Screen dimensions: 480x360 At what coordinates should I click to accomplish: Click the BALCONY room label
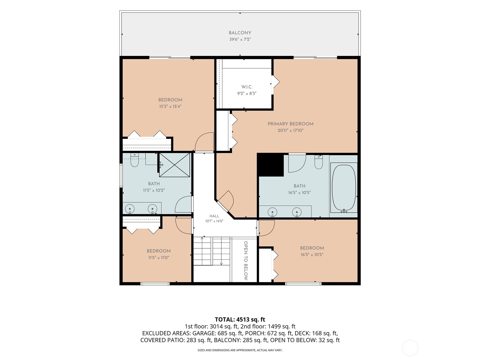tap(240, 33)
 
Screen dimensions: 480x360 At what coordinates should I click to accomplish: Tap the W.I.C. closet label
tap(247, 87)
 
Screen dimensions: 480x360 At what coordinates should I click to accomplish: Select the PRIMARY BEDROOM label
tap(290, 124)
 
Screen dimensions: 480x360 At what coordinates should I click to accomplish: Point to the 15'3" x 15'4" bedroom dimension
tap(170, 106)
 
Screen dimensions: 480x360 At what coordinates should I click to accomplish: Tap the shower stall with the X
tap(175, 165)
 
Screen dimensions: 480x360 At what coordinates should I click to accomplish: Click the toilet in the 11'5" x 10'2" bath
tap(134, 160)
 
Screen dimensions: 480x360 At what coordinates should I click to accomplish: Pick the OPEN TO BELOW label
tap(246, 260)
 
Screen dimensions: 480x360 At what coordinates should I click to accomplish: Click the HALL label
tap(214, 216)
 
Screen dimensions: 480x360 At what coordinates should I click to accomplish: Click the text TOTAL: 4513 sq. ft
tap(240, 319)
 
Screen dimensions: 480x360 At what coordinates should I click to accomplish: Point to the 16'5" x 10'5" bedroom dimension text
tap(312, 254)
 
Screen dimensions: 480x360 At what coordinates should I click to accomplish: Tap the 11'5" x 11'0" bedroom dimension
tap(158, 257)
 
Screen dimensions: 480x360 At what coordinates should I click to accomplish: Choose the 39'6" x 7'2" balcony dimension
tap(240, 39)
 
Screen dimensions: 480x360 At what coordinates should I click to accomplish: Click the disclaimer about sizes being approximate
tap(240, 350)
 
